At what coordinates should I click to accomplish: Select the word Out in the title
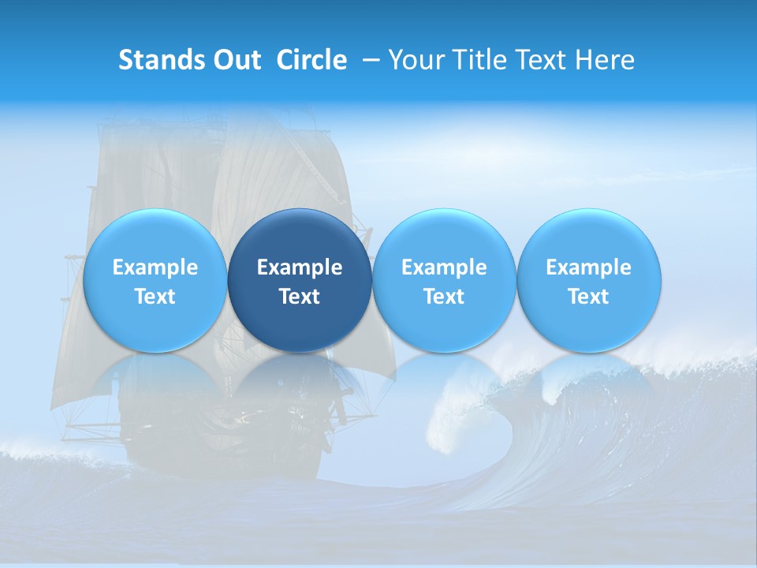237,60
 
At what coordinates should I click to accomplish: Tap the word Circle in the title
311,60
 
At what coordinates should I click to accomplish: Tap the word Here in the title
606,60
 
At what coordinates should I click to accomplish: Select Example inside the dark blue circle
300,267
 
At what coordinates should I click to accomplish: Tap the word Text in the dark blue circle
300,297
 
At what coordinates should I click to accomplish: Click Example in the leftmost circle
155,267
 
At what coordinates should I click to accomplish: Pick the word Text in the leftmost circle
155,297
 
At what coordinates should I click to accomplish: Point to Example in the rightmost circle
588,267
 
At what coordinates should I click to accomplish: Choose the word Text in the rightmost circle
588,297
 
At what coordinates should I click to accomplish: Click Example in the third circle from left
444,267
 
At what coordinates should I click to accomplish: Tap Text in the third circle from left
444,297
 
